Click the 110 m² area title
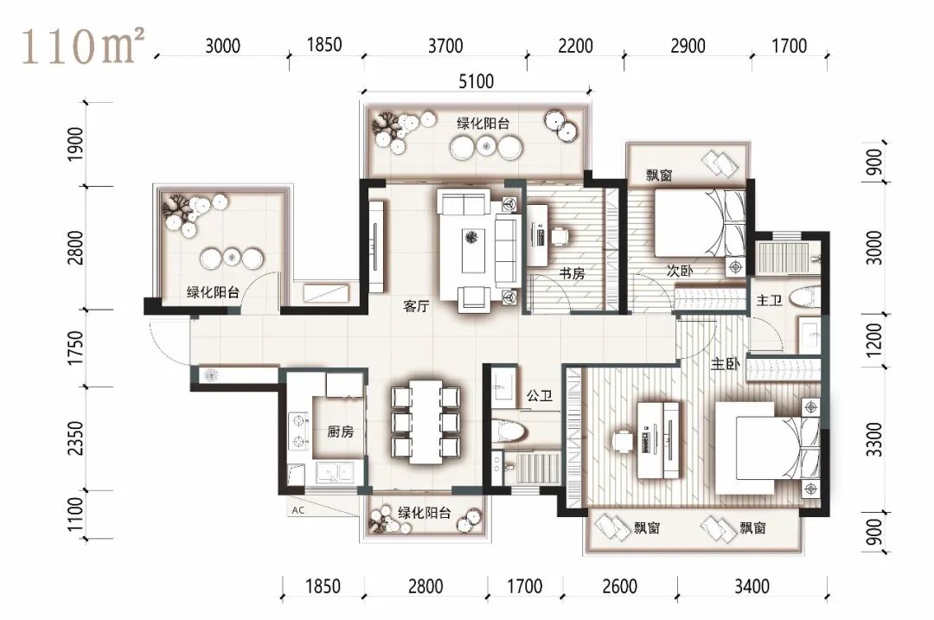pyautogui.click(x=83, y=46)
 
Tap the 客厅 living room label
pyautogui.click(x=416, y=307)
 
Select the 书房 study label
pyautogui.click(x=572, y=274)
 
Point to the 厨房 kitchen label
pyautogui.click(x=340, y=431)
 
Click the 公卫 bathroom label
pyautogui.click(x=539, y=395)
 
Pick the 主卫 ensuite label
pyautogui.click(x=769, y=301)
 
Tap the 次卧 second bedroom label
pyautogui.click(x=680, y=271)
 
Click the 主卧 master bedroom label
pyautogui.click(x=725, y=363)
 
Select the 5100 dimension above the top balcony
pyautogui.click(x=476, y=81)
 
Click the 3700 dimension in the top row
pyautogui.click(x=445, y=45)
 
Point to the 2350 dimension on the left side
pyautogui.click(x=75, y=438)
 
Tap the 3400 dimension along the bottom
pyautogui.click(x=752, y=586)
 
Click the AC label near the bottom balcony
pyautogui.click(x=297, y=510)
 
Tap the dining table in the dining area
pyautogui.click(x=425, y=422)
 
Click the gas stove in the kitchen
pyautogui.click(x=297, y=431)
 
